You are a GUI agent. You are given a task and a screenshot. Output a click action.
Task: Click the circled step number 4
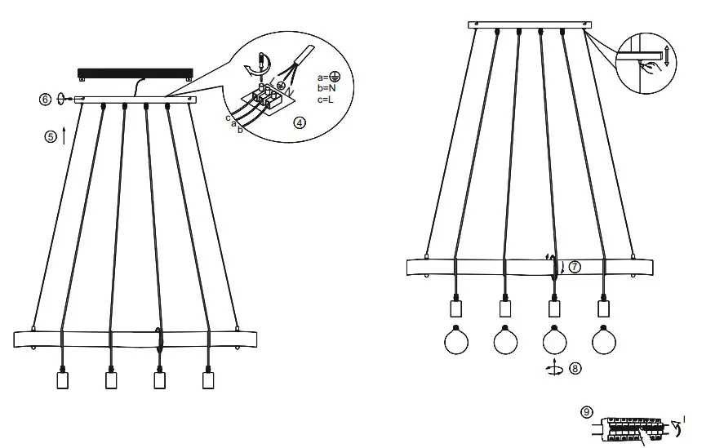point(300,123)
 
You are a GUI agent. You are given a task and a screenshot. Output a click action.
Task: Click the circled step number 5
point(50,137)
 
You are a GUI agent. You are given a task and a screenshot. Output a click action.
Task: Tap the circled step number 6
point(46,100)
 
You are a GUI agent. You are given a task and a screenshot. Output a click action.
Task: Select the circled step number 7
point(575,267)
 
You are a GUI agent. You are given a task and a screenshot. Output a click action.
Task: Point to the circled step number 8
point(575,369)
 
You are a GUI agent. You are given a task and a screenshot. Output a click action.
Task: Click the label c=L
point(327,100)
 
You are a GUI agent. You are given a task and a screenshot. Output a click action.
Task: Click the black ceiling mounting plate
point(135,73)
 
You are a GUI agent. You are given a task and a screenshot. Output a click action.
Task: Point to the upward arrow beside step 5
point(64,135)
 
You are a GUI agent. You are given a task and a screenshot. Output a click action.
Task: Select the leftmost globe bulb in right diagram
point(457,340)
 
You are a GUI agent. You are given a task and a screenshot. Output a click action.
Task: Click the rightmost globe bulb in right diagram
point(604,340)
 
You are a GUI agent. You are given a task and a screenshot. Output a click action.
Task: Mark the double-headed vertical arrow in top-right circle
point(668,56)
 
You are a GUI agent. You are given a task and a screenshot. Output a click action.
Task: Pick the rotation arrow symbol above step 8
point(555,368)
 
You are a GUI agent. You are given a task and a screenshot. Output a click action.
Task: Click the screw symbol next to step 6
point(63,100)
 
